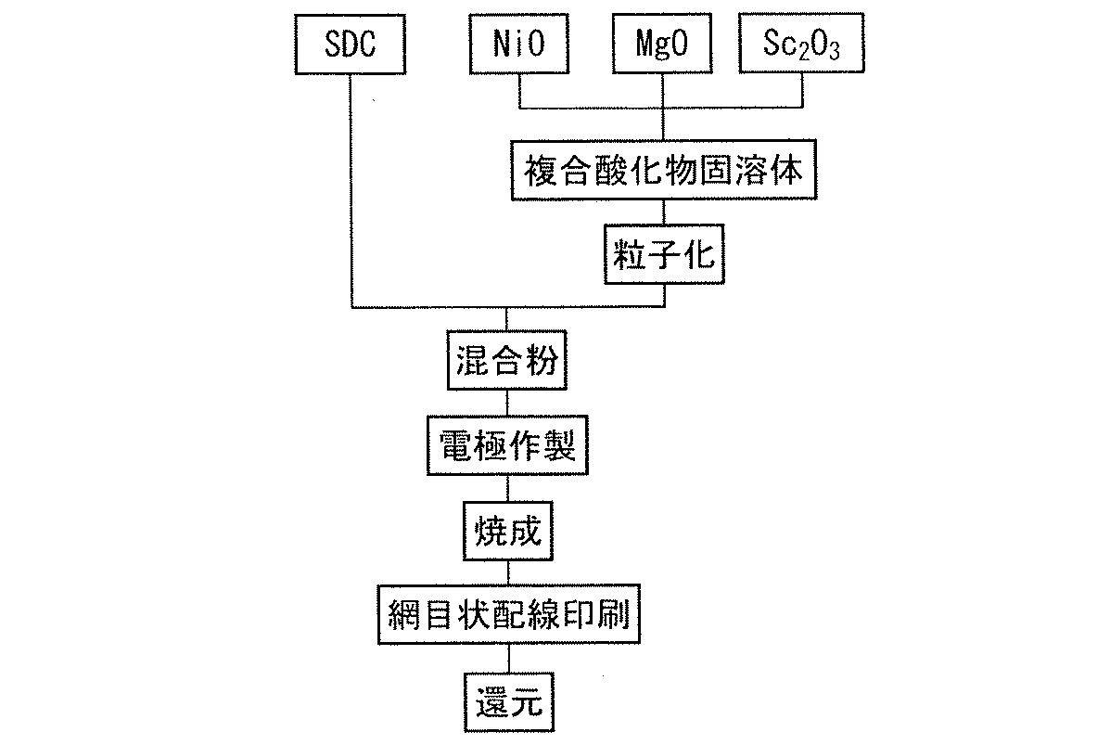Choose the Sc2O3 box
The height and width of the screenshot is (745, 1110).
click(x=802, y=45)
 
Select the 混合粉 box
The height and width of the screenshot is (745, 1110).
click(x=505, y=360)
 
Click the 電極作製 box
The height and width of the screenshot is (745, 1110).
click(x=505, y=448)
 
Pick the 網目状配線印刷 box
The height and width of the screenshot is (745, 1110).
click(x=507, y=614)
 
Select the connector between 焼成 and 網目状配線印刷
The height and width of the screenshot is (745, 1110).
click(x=505, y=571)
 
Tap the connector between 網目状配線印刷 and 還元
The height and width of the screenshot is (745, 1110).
click(x=505, y=659)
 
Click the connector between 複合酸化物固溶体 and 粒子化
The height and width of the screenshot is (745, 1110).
click(x=664, y=212)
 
